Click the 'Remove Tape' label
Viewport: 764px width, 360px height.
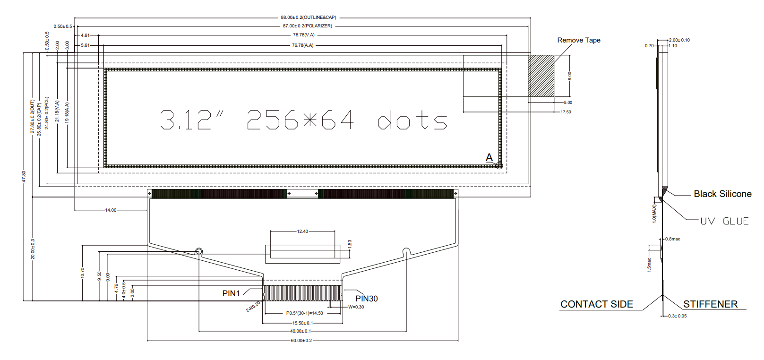(578, 40)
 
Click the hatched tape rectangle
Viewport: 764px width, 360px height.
(541, 76)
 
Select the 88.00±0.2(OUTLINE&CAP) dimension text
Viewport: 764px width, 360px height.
(309, 17)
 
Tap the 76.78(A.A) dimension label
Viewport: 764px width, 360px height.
(302, 45)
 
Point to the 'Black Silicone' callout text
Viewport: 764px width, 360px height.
(722, 194)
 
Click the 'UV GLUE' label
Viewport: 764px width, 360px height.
(724, 221)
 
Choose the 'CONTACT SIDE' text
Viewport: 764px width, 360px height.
(596, 304)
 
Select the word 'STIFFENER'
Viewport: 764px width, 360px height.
(710, 304)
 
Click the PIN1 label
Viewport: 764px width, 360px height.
(231, 293)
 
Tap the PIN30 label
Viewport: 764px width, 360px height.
(366, 299)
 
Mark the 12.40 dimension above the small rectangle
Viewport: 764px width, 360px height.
(302, 231)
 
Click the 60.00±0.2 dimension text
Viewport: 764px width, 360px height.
(301, 341)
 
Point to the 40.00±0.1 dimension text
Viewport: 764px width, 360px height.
(300, 331)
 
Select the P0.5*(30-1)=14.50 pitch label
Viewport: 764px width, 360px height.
(304, 313)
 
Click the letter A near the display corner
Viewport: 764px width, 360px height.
(489, 157)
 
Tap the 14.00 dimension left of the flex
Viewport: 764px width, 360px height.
(111, 210)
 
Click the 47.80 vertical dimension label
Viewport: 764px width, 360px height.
(24, 177)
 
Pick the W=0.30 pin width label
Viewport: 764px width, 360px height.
(356, 307)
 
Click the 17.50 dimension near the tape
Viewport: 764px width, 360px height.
(566, 112)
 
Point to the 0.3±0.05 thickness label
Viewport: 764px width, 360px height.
(678, 316)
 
